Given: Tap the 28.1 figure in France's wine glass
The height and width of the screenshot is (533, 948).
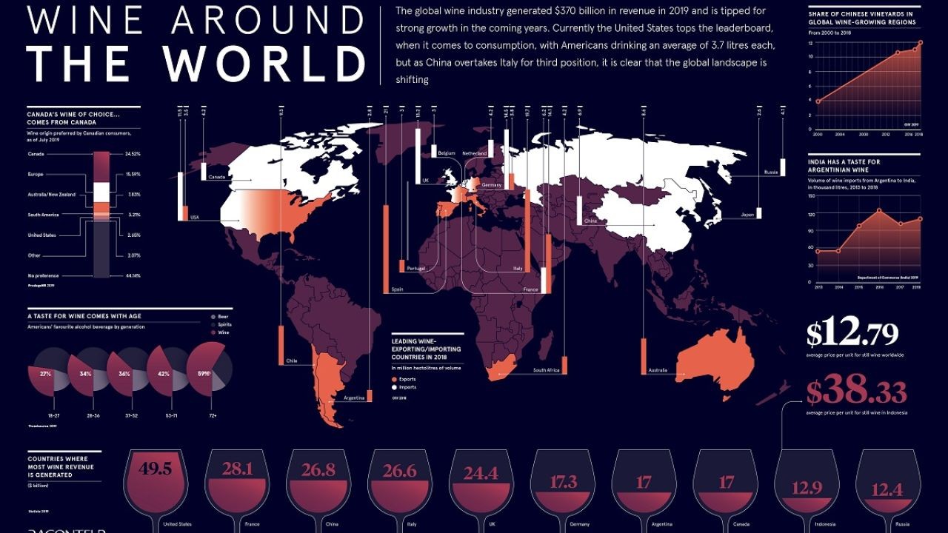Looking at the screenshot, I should (238, 469).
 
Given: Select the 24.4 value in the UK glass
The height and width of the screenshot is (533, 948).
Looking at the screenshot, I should (481, 472).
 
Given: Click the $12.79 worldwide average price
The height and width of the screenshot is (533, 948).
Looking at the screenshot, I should (852, 334).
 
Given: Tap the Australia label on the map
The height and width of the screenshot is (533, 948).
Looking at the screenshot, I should (658, 370).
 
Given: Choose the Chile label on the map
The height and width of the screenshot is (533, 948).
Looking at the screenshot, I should (291, 361).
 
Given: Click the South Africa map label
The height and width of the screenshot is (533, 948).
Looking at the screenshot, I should (545, 370).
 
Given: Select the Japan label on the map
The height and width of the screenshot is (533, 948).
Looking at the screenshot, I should (747, 215).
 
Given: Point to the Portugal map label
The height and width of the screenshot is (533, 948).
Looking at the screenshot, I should (416, 268).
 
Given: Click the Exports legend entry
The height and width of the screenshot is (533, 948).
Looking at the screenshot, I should (407, 379).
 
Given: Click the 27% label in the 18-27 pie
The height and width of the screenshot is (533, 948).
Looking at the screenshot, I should (46, 374).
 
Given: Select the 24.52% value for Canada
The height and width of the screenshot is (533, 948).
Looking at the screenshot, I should (133, 154).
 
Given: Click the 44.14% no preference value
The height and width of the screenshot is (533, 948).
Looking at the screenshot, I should (133, 275).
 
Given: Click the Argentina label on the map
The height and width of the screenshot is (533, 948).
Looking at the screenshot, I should (354, 398).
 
